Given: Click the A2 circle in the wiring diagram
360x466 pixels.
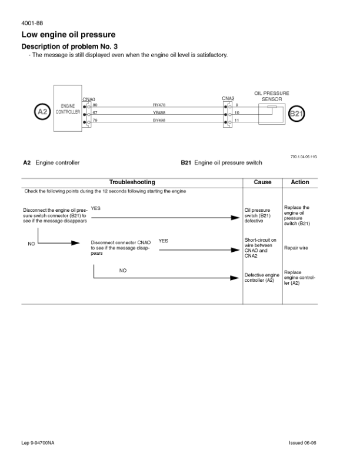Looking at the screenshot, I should (42, 112).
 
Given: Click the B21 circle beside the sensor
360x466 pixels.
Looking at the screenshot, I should (296, 113).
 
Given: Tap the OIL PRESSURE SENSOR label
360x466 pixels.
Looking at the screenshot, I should (272, 96).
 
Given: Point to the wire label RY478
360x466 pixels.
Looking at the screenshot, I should (159, 105).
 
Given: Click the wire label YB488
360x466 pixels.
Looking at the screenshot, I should (159, 112).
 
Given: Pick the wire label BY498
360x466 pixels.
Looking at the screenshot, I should (159, 121).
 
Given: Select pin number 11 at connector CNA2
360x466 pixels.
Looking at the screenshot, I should (236, 121).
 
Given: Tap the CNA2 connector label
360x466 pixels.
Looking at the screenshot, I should (228, 98).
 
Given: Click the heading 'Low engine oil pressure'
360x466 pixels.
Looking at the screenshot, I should (68, 35).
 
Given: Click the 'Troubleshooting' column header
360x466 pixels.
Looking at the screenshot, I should (132, 182).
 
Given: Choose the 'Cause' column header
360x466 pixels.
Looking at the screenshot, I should (262, 182).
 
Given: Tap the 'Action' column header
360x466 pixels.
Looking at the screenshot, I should (300, 182).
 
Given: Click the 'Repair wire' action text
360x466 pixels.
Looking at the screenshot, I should (296, 248).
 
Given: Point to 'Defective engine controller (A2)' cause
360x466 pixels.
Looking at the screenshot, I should (262, 278).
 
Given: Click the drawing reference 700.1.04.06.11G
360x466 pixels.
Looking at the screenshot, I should (304, 157).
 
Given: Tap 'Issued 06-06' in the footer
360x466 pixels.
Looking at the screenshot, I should (303, 442).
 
